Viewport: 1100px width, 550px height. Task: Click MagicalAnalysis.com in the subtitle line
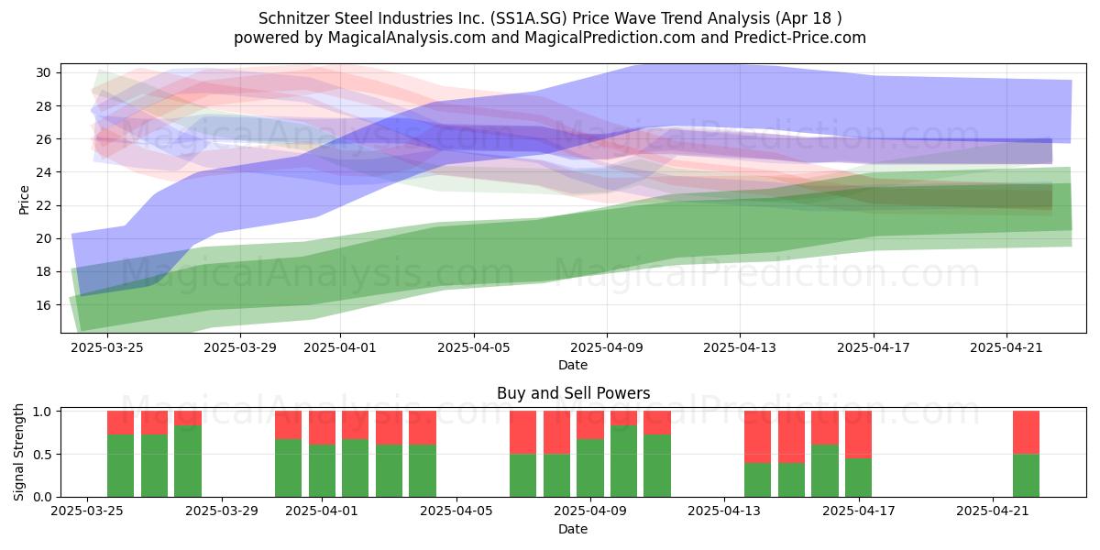click(x=407, y=38)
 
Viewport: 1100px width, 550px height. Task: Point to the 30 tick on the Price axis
click(x=43, y=73)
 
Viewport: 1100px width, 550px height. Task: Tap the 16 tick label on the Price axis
click(x=43, y=305)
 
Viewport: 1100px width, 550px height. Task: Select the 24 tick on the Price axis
click(x=43, y=172)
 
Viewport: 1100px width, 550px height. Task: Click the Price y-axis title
click(x=24, y=200)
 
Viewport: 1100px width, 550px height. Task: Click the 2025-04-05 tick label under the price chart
click(x=473, y=347)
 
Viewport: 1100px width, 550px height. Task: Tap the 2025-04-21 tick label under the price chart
click(x=1006, y=347)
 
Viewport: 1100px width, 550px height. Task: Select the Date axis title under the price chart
click(x=573, y=365)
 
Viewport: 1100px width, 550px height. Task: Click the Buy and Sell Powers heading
click(x=573, y=393)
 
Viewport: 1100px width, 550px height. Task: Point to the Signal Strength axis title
click(x=18, y=452)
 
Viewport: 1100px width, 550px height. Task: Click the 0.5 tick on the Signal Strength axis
click(x=43, y=455)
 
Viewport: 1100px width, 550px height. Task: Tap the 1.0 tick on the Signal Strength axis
click(x=43, y=412)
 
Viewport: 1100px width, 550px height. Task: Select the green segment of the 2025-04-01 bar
click(x=322, y=470)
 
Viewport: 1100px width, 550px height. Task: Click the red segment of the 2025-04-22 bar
click(x=1026, y=432)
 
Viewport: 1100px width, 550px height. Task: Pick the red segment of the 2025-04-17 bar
click(x=858, y=434)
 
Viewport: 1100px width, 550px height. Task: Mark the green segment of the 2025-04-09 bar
click(x=589, y=467)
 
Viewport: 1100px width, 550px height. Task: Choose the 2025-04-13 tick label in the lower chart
click(x=724, y=511)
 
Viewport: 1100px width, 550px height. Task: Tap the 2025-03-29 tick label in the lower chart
click(x=222, y=511)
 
